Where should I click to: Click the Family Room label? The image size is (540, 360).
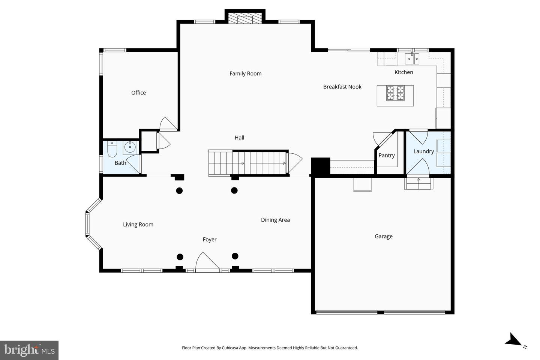[x=245, y=73]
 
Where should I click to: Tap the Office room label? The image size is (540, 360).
[x=138, y=93]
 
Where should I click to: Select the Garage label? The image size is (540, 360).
[x=383, y=236]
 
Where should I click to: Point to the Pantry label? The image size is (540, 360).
[x=386, y=155]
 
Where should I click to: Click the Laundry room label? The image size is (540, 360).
[x=423, y=151]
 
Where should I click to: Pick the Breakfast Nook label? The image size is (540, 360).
[x=342, y=87]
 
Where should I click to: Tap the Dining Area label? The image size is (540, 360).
[x=275, y=220]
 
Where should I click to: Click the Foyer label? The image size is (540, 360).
[x=209, y=239]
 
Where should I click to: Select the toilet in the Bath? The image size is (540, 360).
[x=112, y=149]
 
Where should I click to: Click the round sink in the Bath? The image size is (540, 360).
[x=130, y=147]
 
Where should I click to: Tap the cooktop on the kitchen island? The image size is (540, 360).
[x=395, y=93]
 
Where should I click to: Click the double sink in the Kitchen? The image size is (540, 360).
[x=412, y=59]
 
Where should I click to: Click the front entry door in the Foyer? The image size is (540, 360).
[x=207, y=262]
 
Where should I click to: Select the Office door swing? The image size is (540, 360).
[x=167, y=124]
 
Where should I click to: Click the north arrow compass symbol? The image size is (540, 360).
[x=514, y=340]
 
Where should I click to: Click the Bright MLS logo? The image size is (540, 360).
[x=29, y=350]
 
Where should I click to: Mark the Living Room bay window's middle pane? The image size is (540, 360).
[x=87, y=224]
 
